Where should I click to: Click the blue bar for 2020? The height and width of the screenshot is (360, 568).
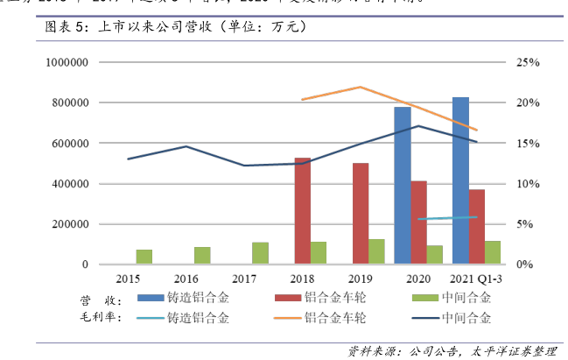403,185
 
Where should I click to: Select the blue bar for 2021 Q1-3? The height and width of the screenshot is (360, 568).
460,180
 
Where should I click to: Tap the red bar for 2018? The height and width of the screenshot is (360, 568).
302,210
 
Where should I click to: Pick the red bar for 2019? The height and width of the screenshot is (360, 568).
360,213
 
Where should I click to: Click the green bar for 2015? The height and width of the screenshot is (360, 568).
144,257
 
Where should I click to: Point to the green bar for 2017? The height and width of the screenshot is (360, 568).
260,253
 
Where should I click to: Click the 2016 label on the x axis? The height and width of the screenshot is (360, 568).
186,278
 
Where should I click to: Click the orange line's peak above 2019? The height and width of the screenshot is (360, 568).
361,87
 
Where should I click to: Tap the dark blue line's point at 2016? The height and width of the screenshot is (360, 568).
186,146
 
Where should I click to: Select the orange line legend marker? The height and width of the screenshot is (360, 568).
289,317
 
